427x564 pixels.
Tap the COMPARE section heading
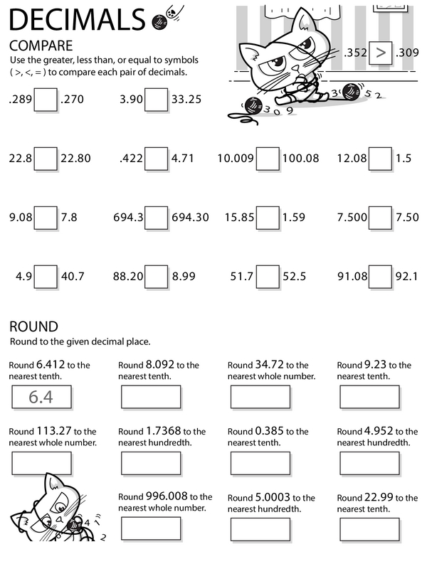tap(40, 45)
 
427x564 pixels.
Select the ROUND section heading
tap(33, 326)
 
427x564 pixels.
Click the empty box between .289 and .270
tap(46, 100)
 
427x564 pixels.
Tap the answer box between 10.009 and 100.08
tap(268, 159)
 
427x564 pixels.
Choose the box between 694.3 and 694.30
tap(156, 218)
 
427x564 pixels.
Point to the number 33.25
tap(186, 100)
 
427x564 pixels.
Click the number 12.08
tap(352, 159)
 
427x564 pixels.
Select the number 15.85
tap(239, 218)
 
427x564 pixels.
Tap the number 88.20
tap(128, 276)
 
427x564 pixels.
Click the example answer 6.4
tap(41, 397)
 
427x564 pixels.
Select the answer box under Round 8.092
tap(151, 397)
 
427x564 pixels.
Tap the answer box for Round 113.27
tap(41, 463)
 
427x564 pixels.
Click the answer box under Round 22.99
tap(369, 529)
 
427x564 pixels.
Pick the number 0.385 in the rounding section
tap(268, 431)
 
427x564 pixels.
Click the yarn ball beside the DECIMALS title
tap(159, 22)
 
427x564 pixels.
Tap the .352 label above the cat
tap(355, 52)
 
